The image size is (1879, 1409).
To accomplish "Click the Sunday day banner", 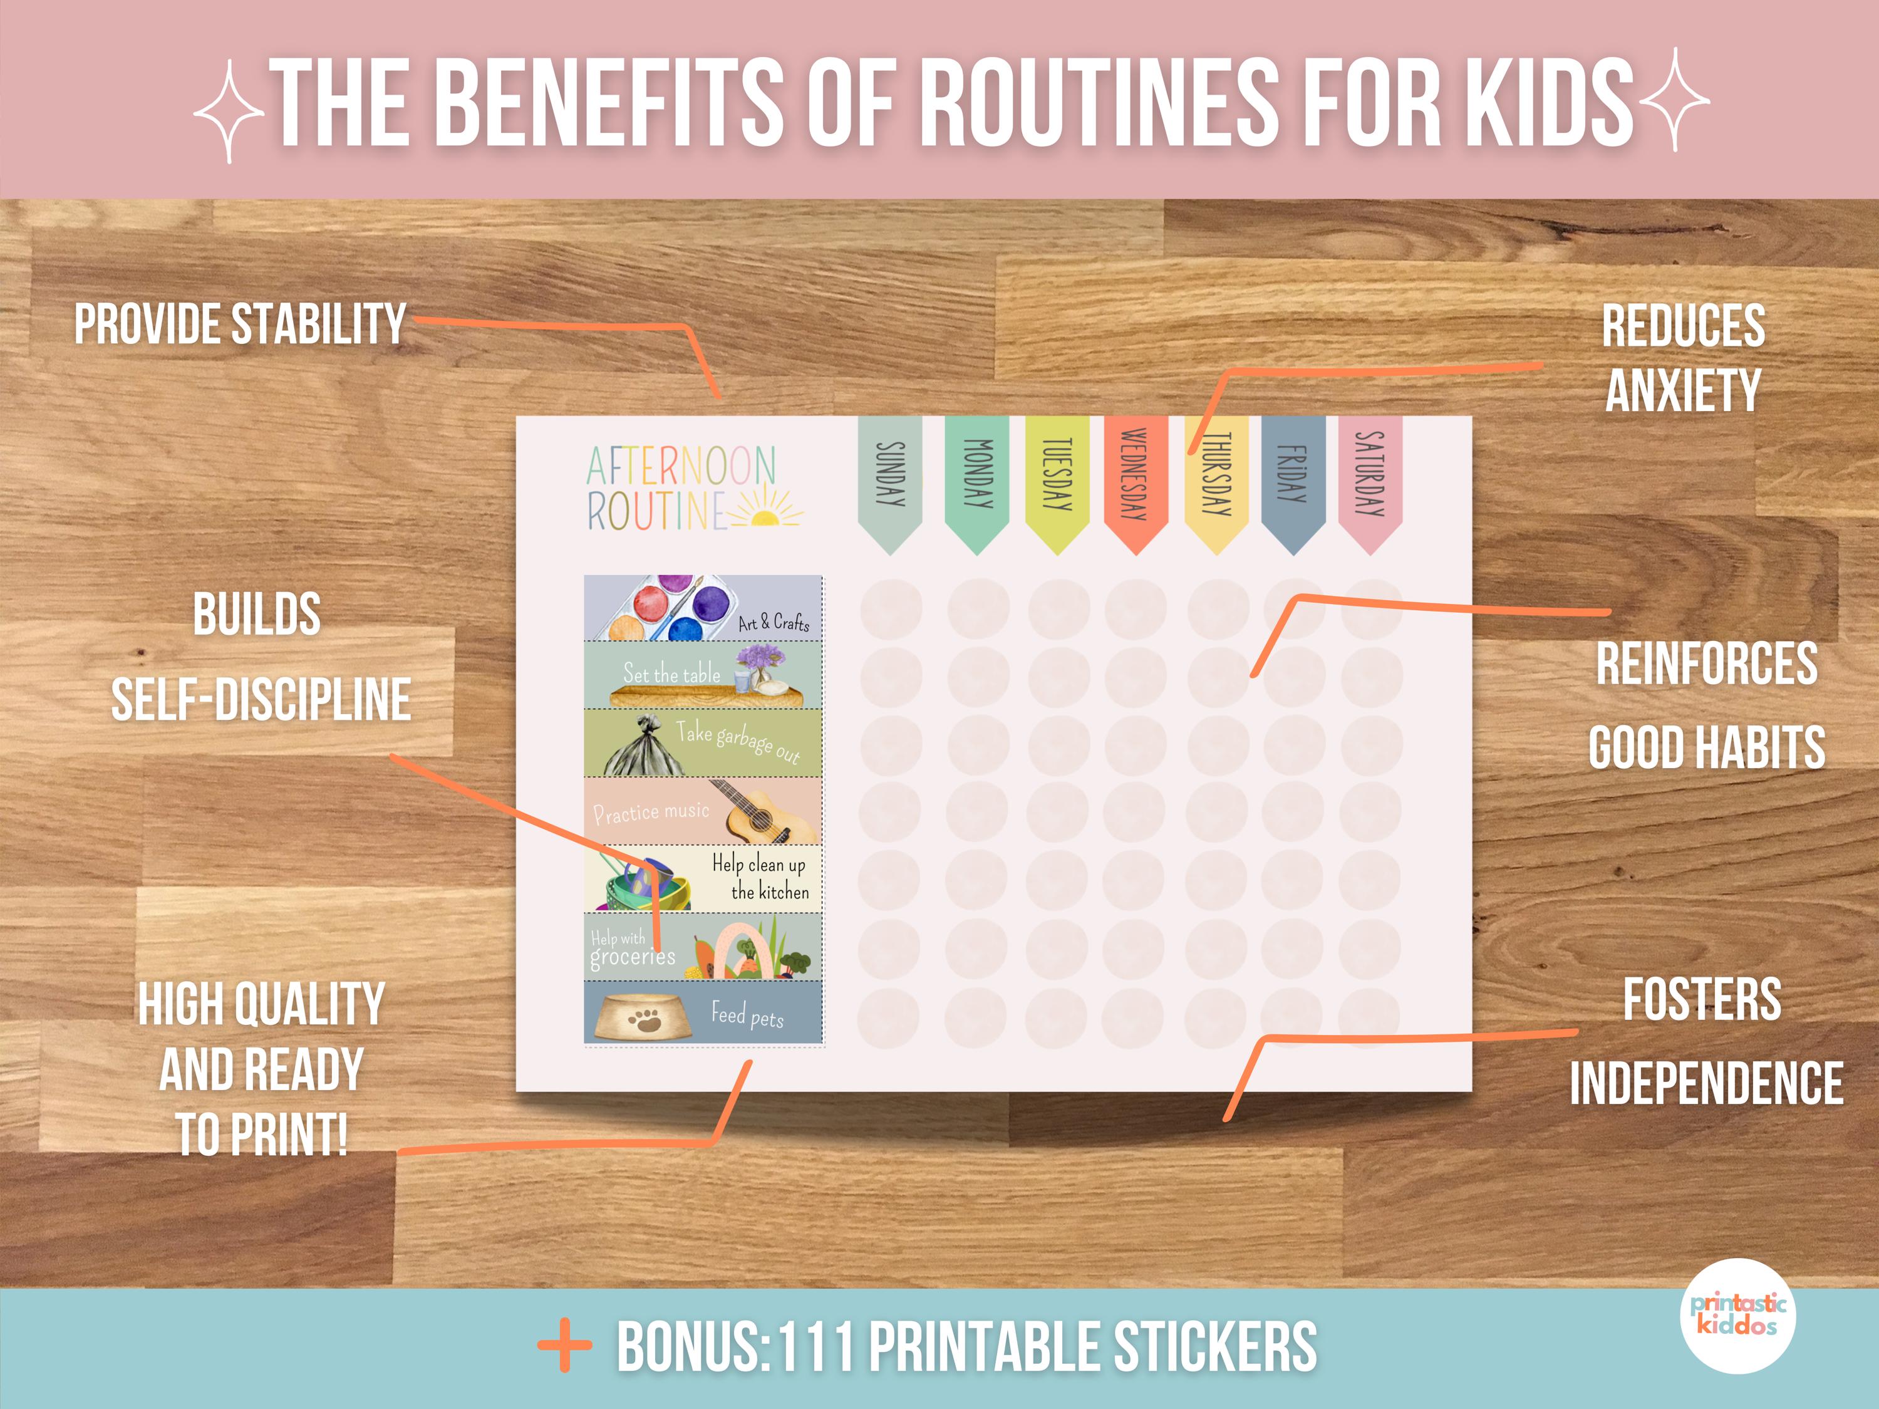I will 889,480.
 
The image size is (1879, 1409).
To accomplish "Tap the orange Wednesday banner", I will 1136,480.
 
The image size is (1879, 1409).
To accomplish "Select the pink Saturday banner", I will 1369,480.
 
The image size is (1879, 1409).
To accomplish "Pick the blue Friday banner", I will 1293,480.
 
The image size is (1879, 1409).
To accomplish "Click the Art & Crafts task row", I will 703,608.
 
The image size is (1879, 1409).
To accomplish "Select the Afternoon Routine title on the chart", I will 680,489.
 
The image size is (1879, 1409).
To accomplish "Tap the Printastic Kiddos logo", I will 1737,1314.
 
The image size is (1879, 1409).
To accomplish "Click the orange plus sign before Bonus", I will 565,1344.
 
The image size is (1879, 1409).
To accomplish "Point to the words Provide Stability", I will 241,324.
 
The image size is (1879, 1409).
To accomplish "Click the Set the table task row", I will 703,675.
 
